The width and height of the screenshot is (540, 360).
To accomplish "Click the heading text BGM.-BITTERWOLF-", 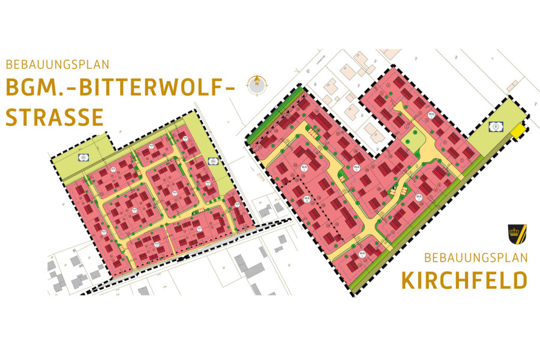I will click(x=119, y=88).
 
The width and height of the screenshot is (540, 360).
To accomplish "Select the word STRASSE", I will click(x=55, y=117).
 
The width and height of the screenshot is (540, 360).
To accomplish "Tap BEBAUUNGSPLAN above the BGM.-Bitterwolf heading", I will click(x=58, y=63).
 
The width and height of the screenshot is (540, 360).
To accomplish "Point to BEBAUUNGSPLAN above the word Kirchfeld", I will click(x=475, y=258).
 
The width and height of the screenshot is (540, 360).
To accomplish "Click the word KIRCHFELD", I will click(x=464, y=280).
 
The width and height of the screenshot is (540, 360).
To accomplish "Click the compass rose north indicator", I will click(x=257, y=84).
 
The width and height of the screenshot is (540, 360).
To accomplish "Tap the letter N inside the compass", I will click(x=257, y=85).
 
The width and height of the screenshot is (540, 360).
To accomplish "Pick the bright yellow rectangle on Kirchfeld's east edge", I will click(x=517, y=130).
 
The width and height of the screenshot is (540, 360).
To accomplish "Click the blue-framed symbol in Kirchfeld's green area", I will click(x=495, y=127).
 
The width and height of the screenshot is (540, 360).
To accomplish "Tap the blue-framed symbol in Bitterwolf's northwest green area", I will click(x=82, y=157).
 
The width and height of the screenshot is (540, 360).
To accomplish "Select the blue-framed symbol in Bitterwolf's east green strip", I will click(x=211, y=161).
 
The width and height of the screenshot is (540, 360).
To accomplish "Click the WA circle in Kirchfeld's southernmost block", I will click(x=362, y=254).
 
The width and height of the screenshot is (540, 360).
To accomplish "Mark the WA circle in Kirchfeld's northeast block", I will click(x=430, y=115).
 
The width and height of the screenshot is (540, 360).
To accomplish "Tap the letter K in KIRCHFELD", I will click(x=409, y=280).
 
